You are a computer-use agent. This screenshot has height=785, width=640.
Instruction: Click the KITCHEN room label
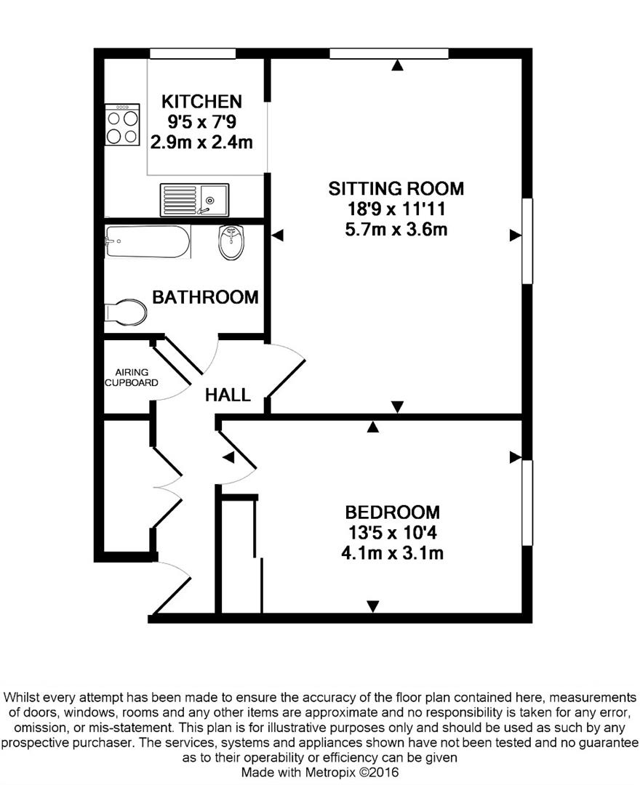tap(201, 102)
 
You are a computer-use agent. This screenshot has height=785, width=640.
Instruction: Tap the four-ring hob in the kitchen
tap(122, 125)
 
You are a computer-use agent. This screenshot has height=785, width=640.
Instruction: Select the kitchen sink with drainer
tap(194, 200)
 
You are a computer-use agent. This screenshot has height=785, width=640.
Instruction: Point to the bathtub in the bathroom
tap(148, 242)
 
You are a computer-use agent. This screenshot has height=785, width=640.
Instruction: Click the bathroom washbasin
tap(231, 242)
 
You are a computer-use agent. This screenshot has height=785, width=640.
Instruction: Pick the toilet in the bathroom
tap(126, 313)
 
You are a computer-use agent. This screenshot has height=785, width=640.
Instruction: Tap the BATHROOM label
tap(205, 297)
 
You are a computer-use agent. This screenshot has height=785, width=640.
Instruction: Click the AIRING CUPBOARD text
tap(131, 377)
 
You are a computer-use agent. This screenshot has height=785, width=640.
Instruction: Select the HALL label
tap(228, 395)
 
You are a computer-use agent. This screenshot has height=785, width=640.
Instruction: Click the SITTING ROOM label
tap(396, 189)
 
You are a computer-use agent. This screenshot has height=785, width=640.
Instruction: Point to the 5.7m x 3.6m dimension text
tap(396, 230)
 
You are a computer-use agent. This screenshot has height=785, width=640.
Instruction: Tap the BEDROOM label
tap(393, 512)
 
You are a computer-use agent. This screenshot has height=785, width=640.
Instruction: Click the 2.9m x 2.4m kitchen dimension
tap(201, 142)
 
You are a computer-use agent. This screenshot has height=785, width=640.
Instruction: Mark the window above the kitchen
tap(193, 54)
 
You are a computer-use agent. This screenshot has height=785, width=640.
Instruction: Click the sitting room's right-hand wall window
tap(527, 241)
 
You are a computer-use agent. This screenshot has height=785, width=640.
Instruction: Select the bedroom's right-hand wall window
tap(527, 503)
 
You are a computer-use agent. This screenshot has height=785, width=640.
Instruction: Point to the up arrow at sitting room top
tap(397, 65)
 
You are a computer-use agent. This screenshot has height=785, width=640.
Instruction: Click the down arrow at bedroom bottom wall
tap(372, 606)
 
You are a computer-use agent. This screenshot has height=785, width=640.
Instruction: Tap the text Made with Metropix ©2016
tap(320, 773)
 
